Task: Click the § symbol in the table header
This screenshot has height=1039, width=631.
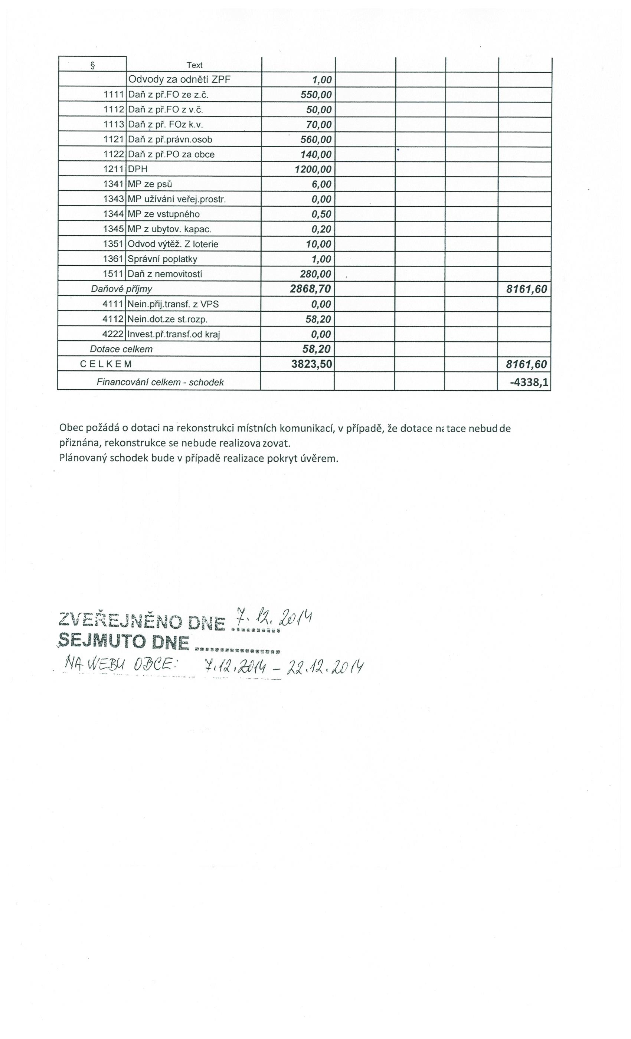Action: (x=92, y=65)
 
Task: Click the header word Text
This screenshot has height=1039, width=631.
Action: (x=194, y=65)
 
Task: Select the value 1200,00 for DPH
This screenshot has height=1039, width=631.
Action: (x=313, y=170)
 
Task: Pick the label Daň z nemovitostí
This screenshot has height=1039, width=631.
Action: (x=165, y=274)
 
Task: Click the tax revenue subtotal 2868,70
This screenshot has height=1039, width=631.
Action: (x=310, y=289)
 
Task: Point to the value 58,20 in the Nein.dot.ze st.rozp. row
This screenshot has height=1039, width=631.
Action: (x=318, y=319)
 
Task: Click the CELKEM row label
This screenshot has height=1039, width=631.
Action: (x=106, y=364)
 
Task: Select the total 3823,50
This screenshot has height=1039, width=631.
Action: (x=312, y=364)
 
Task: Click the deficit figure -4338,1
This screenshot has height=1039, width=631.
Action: (x=529, y=383)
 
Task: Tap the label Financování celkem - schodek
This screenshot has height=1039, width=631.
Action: (x=160, y=383)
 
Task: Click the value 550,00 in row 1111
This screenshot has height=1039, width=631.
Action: (x=316, y=95)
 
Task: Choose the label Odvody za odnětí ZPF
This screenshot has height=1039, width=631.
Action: (x=179, y=80)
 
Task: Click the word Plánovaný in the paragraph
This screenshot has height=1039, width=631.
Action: (x=83, y=458)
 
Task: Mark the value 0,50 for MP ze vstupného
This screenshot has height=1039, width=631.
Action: (x=321, y=214)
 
